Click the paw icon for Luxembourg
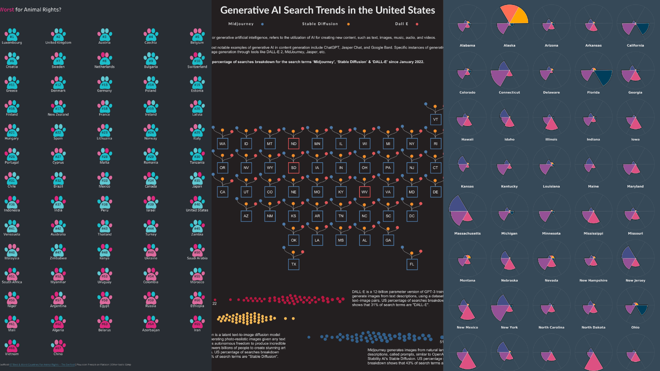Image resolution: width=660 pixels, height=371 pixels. pyautogui.click(x=12, y=35)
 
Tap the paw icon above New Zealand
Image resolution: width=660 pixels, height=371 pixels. pyautogui.click(x=58, y=107)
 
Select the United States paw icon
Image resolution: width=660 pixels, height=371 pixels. pyautogui.click(x=197, y=202)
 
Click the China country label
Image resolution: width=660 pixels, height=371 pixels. pyautogui.click(x=58, y=354)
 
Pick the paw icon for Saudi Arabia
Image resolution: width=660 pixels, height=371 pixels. pyautogui.click(x=197, y=251)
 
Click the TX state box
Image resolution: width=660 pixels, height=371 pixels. pyautogui.click(x=294, y=264)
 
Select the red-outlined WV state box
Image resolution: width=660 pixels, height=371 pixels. pyautogui.click(x=365, y=192)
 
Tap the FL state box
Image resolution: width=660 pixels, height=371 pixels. pyautogui.click(x=412, y=264)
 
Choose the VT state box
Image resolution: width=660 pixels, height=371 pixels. pyautogui.click(x=436, y=120)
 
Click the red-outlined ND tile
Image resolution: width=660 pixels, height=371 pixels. pyautogui.click(x=294, y=144)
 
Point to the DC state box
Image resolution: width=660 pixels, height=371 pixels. pyautogui.click(x=412, y=216)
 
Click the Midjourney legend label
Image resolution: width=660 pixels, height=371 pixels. pyautogui.click(x=241, y=24)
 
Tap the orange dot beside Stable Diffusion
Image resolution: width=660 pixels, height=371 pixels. pyautogui.click(x=349, y=24)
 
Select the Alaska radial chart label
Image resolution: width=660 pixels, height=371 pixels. pyautogui.click(x=509, y=45)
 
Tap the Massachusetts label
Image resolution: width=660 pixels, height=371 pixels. pyautogui.click(x=467, y=233)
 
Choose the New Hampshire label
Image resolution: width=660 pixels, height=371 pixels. pyautogui.click(x=593, y=280)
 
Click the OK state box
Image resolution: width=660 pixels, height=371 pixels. pyautogui.click(x=294, y=240)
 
